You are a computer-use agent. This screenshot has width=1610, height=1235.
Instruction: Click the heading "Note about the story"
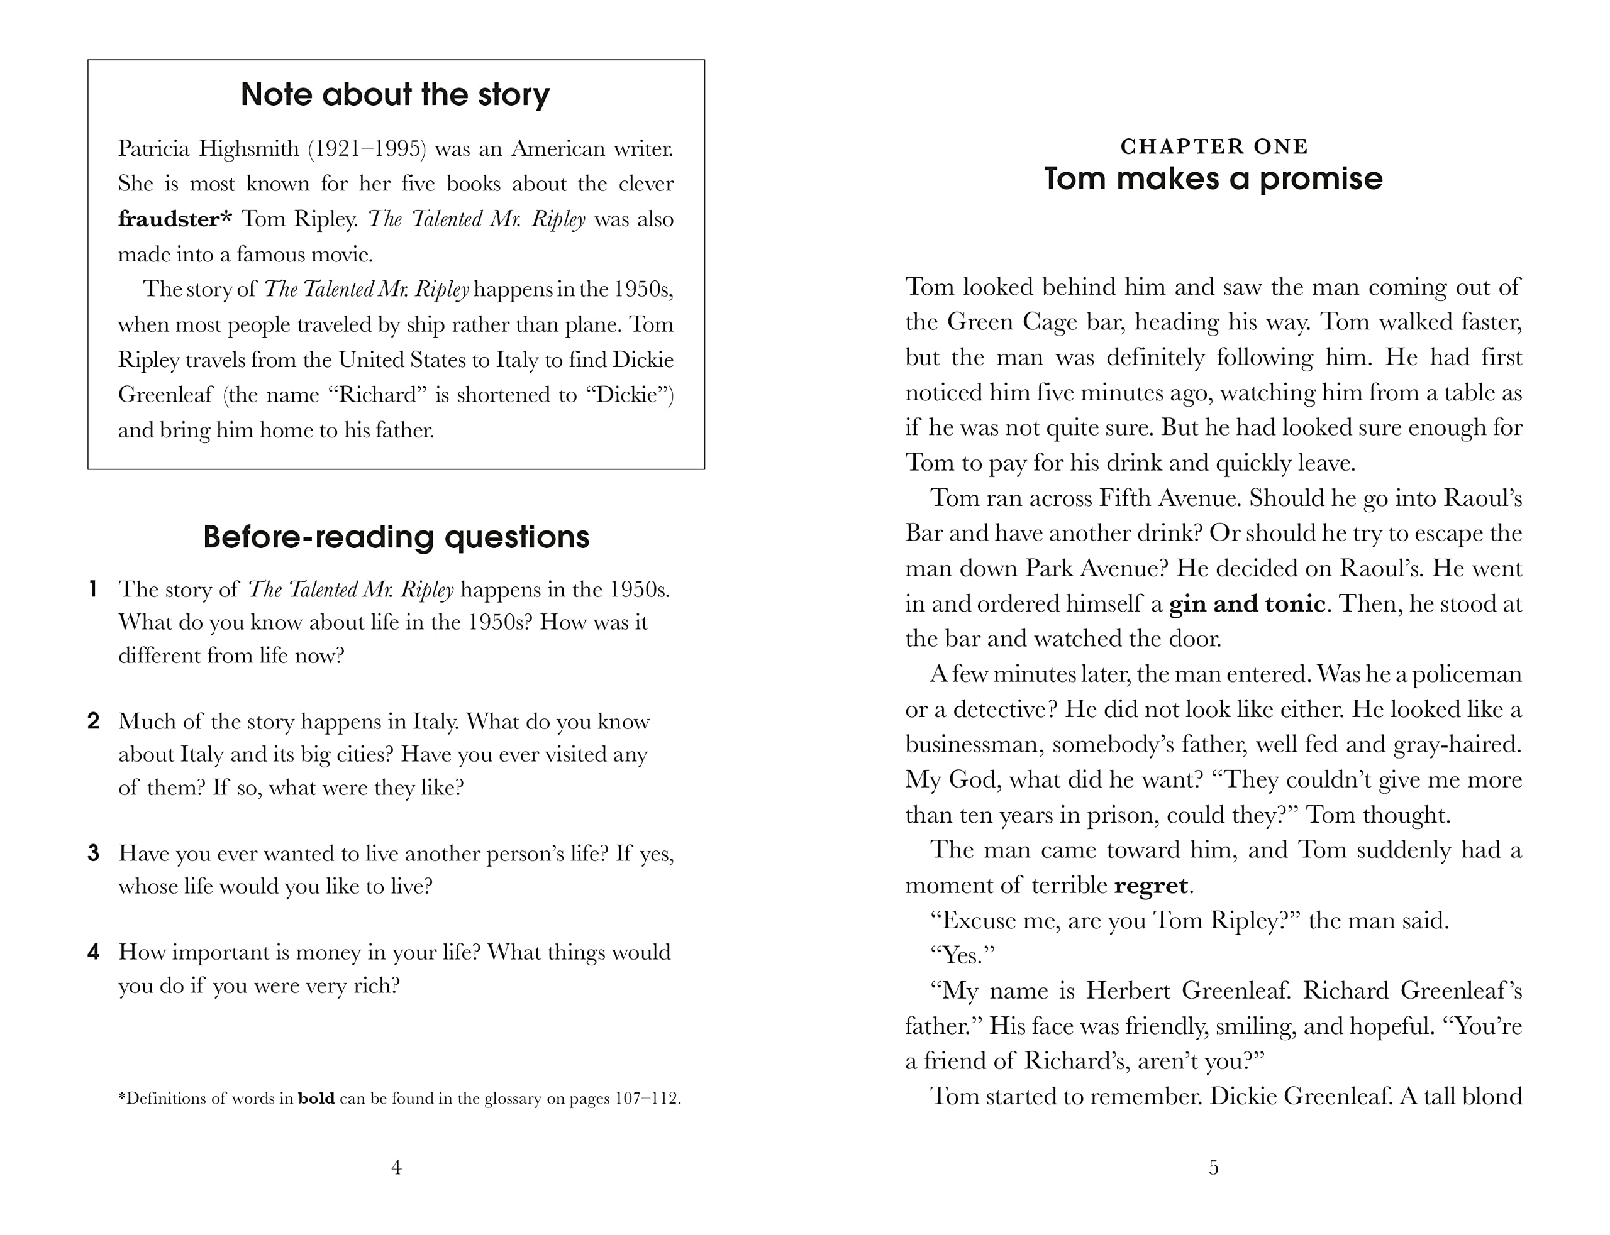tap(395, 95)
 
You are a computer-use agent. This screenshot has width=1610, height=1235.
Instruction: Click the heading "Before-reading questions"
tap(396, 537)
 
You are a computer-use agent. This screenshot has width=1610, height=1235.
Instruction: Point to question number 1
tap(92, 589)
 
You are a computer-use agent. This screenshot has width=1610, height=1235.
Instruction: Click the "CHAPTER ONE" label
tap(1214, 147)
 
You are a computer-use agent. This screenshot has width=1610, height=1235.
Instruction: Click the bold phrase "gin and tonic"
tap(1247, 603)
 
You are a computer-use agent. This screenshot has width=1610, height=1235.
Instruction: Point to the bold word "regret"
tap(1151, 885)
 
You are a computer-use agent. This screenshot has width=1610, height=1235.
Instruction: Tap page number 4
tap(396, 1167)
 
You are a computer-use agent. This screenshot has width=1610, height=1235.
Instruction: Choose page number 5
tap(1214, 1167)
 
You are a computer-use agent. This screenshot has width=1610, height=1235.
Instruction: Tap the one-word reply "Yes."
tap(963, 956)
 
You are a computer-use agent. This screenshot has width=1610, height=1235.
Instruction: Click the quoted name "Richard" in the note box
tap(377, 395)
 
